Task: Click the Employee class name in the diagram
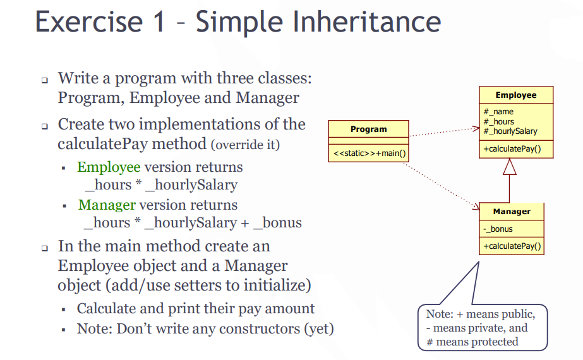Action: click(515, 95)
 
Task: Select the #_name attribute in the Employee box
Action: click(498, 112)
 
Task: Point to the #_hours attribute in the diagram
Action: click(499, 121)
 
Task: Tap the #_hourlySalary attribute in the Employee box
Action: click(510, 131)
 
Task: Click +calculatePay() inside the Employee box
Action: click(515, 149)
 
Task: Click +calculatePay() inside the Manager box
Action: click(511, 246)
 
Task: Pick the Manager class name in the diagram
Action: click(511, 212)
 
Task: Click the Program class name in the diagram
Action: click(368, 129)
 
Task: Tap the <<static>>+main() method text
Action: click(369, 153)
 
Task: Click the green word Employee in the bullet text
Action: click(109, 167)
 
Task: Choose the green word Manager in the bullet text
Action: click(107, 205)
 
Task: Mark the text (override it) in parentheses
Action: click(246, 145)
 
